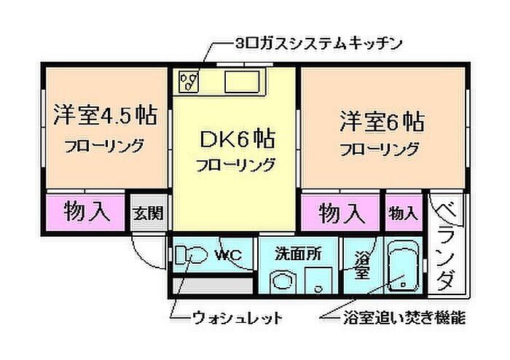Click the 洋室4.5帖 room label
click(106, 115)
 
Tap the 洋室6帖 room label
click(382, 122)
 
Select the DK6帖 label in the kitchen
click(237, 138)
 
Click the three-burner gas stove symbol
click(189, 81)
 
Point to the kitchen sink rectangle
click(243, 82)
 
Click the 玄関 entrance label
click(148, 214)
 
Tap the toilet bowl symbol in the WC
click(191, 254)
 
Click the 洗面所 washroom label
click(298, 254)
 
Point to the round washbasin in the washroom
click(283, 281)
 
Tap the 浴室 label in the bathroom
click(361, 265)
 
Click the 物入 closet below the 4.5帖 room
click(87, 211)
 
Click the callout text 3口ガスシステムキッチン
click(319, 44)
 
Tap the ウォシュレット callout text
click(238, 318)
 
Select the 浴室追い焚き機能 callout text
click(404, 318)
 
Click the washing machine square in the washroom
click(318, 281)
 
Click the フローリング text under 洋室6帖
click(380, 149)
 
